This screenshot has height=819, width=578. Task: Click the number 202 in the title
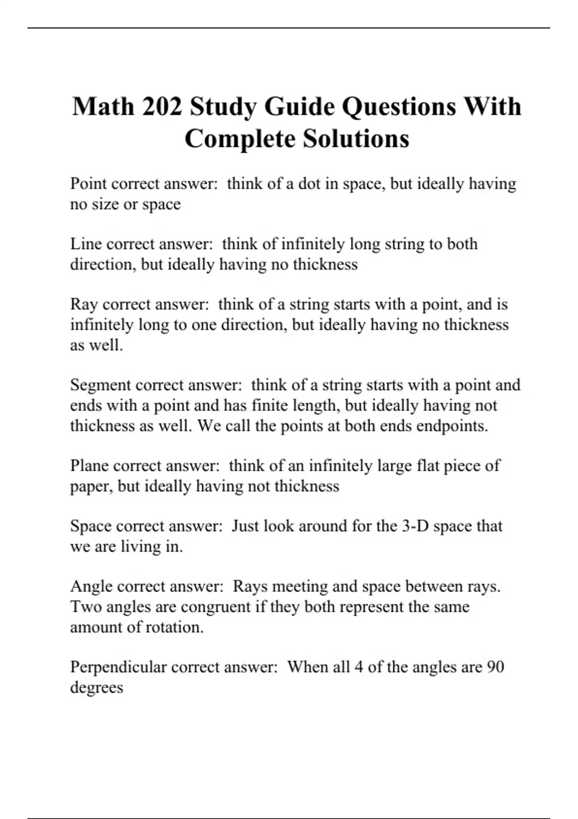click(162, 106)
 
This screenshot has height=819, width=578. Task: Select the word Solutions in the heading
click(356, 139)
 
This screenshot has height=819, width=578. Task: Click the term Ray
click(84, 305)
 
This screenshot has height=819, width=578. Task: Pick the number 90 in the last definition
click(495, 667)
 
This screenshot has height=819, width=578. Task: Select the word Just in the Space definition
click(245, 526)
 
